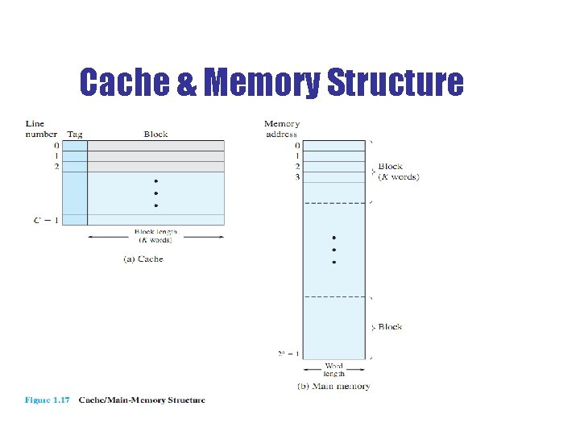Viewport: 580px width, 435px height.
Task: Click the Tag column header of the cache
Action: [x=74, y=135]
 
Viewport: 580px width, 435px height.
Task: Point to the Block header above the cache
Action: [x=155, y=135]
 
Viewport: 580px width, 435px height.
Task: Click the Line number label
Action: [x=40, y=129]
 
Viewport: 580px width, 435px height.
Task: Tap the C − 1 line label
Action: [x=45, y=220]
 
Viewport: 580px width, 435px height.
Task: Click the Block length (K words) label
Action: [x=156, y=236]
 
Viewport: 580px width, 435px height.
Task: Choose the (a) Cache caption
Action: [x=142, y=259]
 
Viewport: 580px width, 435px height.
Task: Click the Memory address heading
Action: [x=281, y=129]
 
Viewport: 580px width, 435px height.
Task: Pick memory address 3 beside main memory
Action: [x=297, y=176]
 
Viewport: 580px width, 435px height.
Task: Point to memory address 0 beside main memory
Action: [x=297, y=146]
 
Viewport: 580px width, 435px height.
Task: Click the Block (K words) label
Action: [x=398, y=172]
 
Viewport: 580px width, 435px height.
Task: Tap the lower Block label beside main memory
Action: [x=390, y=327]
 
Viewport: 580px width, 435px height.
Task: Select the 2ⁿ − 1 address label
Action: [x=288, y=354]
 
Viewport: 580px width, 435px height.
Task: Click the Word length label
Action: [x=333, y=370]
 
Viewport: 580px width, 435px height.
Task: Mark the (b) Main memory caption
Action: [x=333, y=387]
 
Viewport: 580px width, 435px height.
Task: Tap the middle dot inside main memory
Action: [x=333, y=250]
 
